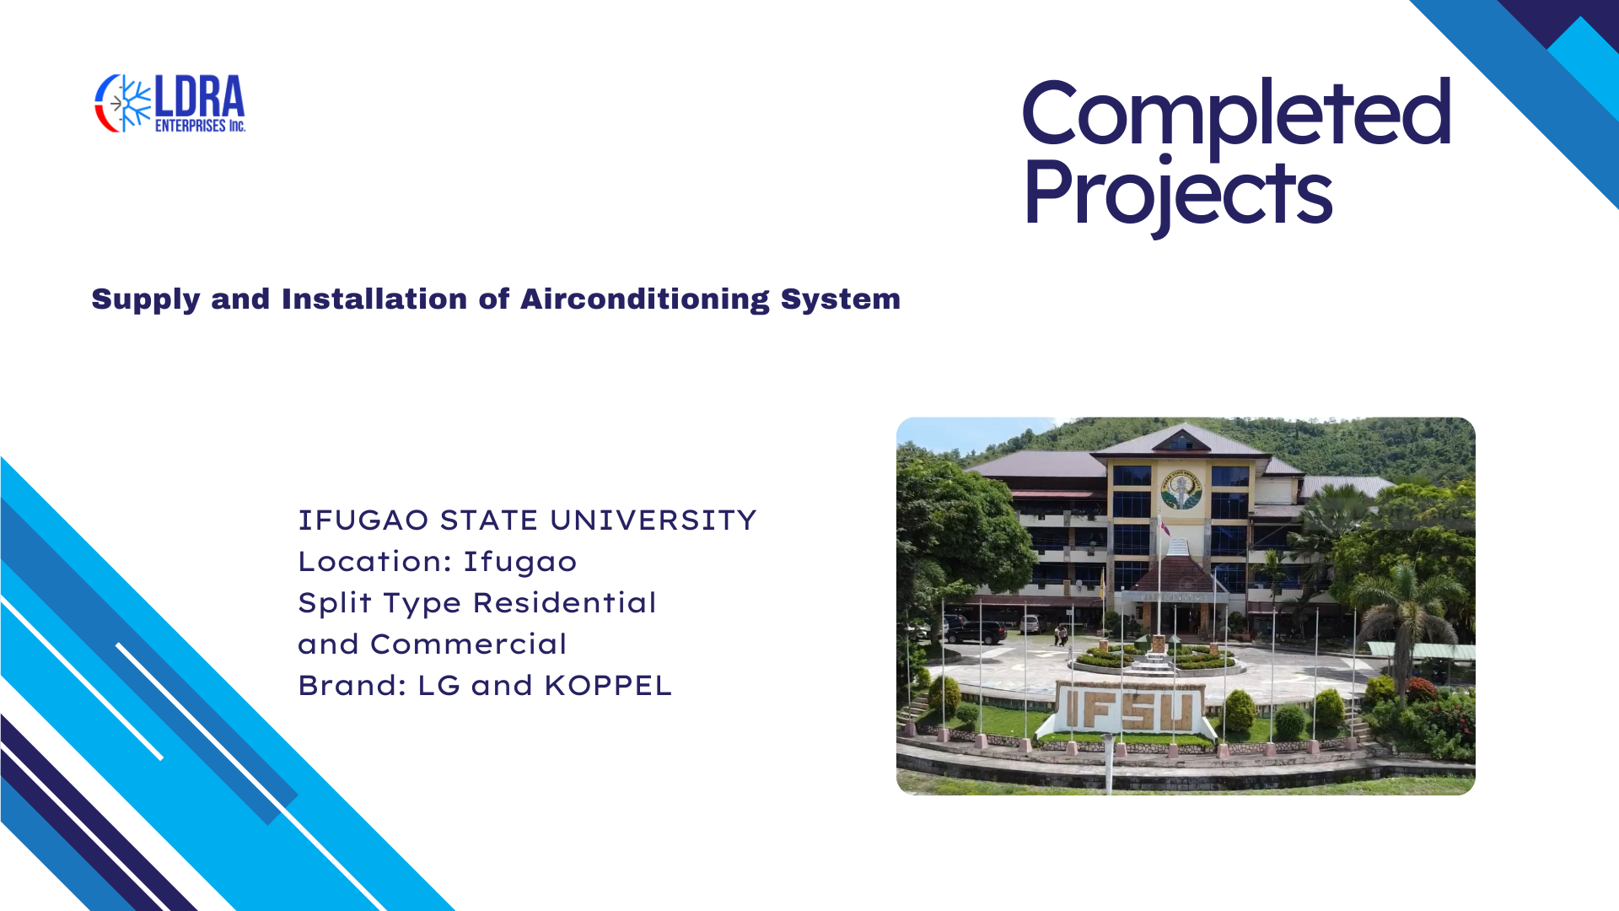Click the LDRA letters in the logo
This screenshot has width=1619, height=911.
pos(200,96)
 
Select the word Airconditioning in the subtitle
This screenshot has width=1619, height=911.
pos(645,300)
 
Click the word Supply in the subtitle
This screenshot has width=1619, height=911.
pos(146,300)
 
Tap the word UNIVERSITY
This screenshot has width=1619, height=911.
pos(654,520)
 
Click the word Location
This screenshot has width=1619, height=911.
pos(374,562)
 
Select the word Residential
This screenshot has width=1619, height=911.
pos(564,603)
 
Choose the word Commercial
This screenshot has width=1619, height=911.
pos(468,644)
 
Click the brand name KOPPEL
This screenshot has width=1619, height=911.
pos(608,686)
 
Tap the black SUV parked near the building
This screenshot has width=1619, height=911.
pos(976,632)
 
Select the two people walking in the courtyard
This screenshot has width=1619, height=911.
pos(1060,634)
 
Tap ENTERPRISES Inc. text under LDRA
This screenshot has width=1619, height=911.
pos(200,126)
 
